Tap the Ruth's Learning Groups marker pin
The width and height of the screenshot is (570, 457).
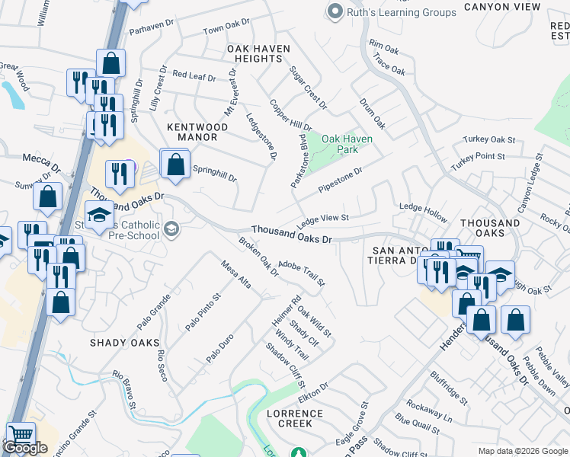pyautogui.click(x=334, y=11)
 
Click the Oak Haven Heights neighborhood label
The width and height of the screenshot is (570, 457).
pyautogui.click(x=258, y=53)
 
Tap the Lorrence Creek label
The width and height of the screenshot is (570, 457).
pyautogui.click(x=295, y=420)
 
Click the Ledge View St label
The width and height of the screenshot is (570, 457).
pyautogui.click(x=322, y=219)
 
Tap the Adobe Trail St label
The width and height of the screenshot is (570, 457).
pyautogui.click(x=302, y=273)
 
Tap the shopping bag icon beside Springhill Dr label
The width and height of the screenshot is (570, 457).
pyautogui.click(x=175, y=163)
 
